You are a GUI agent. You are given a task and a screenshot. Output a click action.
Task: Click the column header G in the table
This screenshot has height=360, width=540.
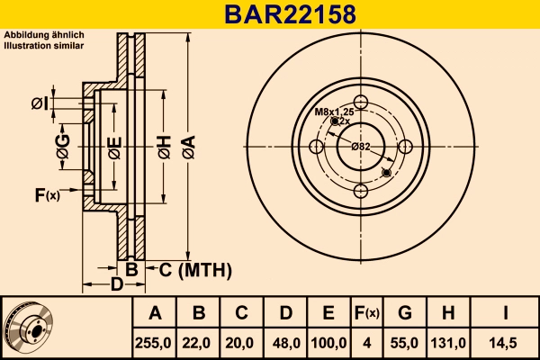(404, 313)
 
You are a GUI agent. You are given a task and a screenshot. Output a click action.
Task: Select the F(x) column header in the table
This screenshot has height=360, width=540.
(368, 313)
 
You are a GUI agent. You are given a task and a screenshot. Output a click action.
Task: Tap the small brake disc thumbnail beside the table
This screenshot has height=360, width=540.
(29, 326)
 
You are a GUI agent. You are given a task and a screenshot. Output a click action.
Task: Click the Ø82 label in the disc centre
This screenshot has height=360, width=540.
(361, 146)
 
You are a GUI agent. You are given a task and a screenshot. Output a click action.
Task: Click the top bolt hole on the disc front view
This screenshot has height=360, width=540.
(361, 102)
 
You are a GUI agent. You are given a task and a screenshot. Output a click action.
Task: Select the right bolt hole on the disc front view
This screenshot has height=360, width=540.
(405, 146)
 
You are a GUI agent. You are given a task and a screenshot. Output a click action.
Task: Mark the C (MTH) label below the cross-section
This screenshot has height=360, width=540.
(195, 270)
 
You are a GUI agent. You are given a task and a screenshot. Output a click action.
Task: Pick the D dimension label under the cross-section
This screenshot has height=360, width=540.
(116, 284)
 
